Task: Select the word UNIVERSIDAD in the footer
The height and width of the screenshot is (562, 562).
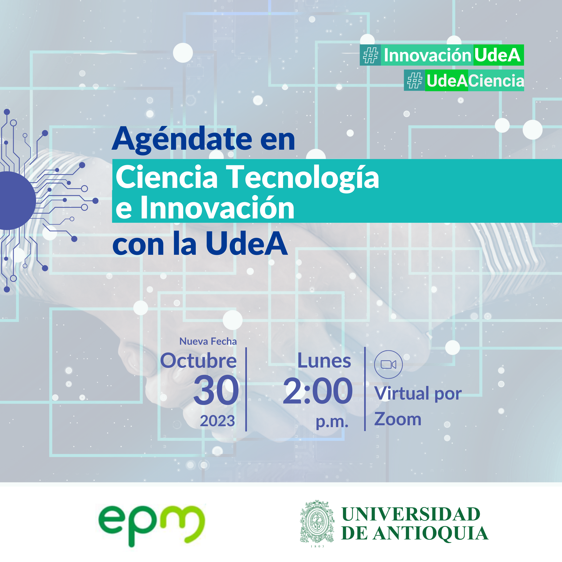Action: pyautogui.click(x=411, y=514)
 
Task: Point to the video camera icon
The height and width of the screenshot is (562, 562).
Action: pyautogui.click(x=388, y=364)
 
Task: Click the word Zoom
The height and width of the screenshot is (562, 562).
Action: pyautogui.click(x=398, y=419)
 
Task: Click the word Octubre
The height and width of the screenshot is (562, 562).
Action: pyautogui.click(x=198, y=360)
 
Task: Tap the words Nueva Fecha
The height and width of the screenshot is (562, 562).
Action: pyautogui.click(x=208, y=341)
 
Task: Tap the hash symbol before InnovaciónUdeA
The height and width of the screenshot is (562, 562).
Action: pyautogui.click(x=371, y=55)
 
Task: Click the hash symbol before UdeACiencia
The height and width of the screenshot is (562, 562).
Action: pyautogui.click(x=415, y=81)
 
